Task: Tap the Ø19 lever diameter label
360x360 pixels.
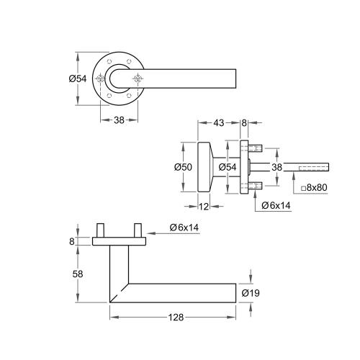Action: coord(251,293)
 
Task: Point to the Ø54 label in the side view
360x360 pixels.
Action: coord(227,167)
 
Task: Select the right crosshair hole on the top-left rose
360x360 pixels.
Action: coord(138,78)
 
